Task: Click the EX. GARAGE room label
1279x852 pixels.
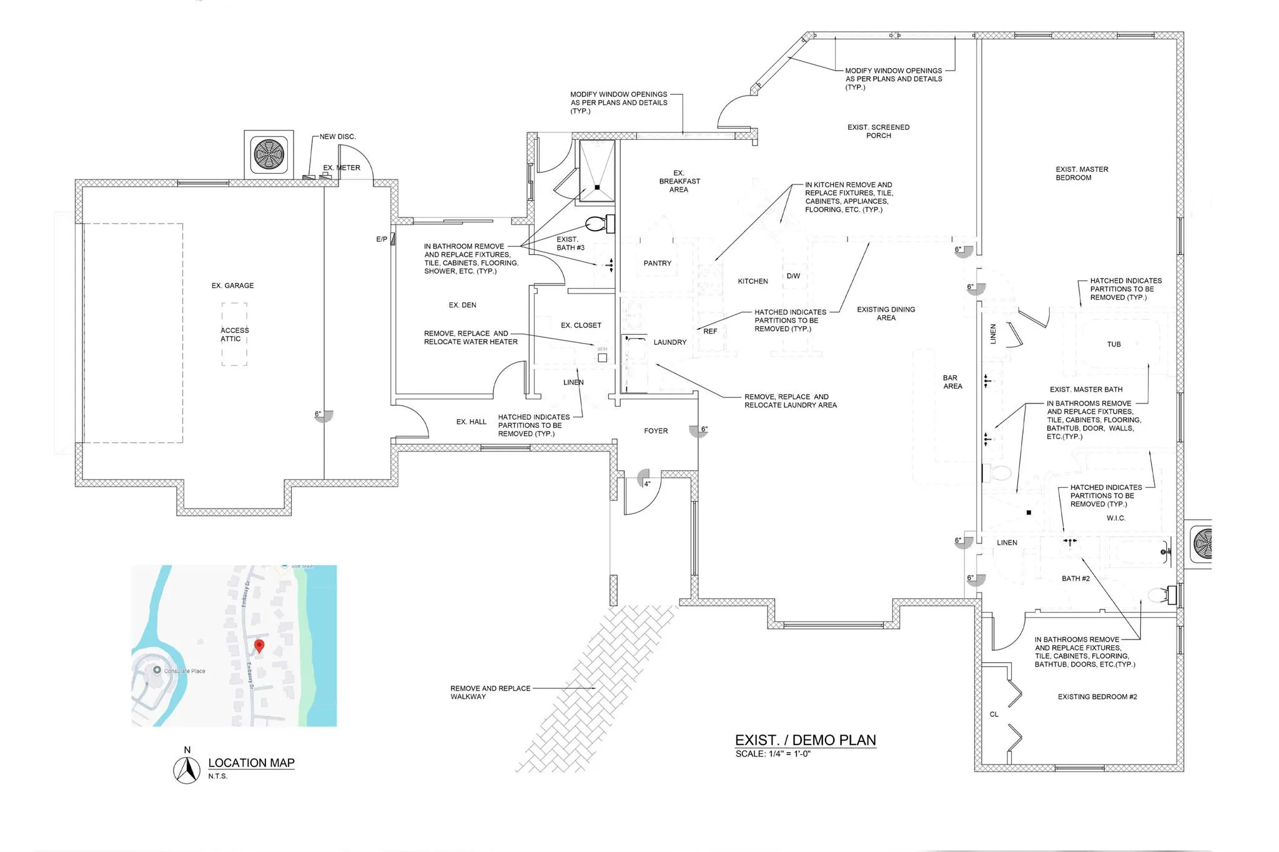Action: pos(232,285)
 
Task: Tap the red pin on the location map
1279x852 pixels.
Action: pos(259,646)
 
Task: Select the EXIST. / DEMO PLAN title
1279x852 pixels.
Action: pos(805,740)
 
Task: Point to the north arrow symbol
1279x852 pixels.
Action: pos(187,770)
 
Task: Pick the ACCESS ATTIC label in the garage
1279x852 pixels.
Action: pos(234,334)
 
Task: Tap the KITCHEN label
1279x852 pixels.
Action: pos(753,281)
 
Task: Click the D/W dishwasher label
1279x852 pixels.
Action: pos(793,276)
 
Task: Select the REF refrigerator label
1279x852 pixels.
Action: pos(710,331)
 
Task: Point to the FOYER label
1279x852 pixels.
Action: pos(656,431)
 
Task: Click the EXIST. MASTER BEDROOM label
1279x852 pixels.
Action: pos(1082,173)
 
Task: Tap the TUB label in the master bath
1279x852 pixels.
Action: pos(1114,344)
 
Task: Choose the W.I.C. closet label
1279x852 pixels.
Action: pos(1116,518)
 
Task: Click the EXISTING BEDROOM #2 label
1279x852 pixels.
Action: pos(1097,696)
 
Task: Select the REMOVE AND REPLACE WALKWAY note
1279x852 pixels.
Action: pos(490,692)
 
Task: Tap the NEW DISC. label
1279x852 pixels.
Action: pos(337,136)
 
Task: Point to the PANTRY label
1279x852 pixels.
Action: pos(657,263)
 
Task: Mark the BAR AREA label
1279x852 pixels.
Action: pos(952,382)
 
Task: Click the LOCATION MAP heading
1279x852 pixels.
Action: pos(251,763)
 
